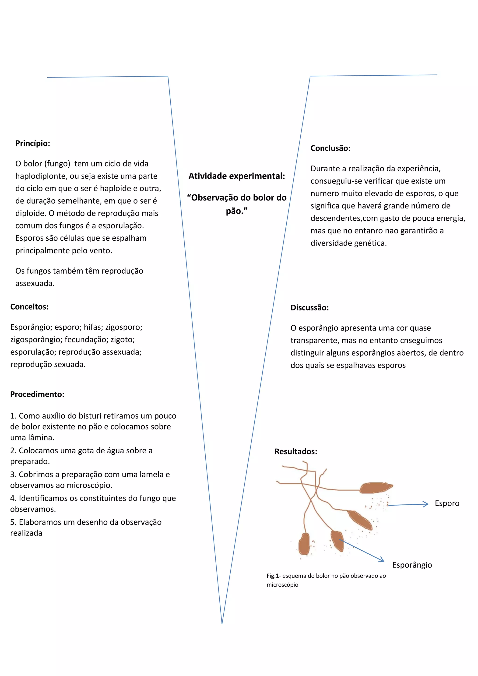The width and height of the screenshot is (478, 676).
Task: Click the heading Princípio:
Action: (33, 143)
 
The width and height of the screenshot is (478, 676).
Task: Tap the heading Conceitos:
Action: (29, 307)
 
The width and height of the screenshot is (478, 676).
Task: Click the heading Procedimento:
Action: (37, 394)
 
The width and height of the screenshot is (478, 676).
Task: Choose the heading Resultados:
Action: (295, 452)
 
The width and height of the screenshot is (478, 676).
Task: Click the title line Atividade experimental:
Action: (237, 176)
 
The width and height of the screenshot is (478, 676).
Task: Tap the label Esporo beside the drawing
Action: (447, 503)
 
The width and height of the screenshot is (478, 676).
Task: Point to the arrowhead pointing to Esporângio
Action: (382, 560)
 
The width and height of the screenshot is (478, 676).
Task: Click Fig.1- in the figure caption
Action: (274, 576)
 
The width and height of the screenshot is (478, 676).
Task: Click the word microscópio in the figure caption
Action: (282, 585)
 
